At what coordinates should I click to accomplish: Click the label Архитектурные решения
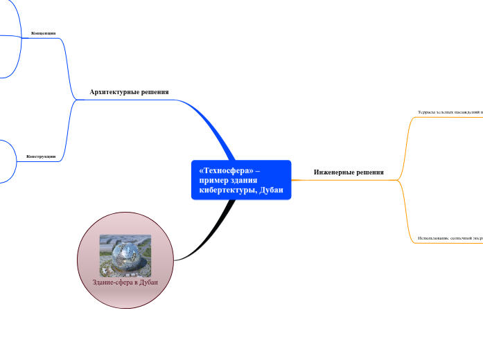point(129,91)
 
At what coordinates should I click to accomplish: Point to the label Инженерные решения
point(348,172)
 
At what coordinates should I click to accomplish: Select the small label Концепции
point(43,33)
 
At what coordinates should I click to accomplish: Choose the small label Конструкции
point(41,156)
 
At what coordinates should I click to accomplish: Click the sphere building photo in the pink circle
point(125,255)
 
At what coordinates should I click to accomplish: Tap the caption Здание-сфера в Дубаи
point(125,282)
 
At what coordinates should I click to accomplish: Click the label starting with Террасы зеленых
point(450,111)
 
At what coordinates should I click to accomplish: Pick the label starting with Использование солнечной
point(450,237)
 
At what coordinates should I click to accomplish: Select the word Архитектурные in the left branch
point(113,91)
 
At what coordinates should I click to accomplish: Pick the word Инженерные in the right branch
point(333,172)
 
